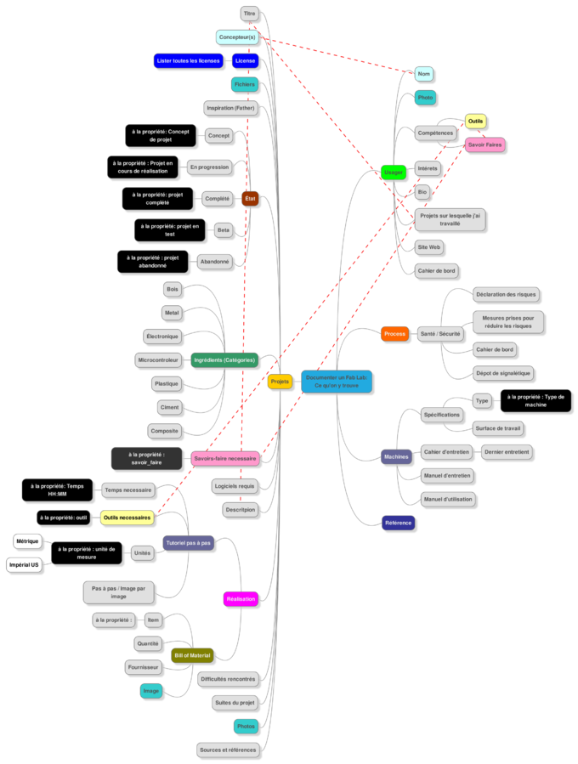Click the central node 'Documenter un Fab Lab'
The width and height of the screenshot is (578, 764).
pos(336,382)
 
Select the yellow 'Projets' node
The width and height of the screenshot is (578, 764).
pos(280,382)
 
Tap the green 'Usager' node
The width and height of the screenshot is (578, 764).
pos(393,172)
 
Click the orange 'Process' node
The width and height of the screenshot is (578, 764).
pos(394,334)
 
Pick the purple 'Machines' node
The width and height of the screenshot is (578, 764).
pos(396,456)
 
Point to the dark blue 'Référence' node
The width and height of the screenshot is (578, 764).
pos(398,523)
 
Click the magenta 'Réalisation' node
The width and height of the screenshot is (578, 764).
pos(241,599)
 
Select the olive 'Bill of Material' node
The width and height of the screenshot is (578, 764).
pos(191,655)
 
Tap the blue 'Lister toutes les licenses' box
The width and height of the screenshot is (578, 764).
pos(188,60)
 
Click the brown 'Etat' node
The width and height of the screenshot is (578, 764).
pos(250,198)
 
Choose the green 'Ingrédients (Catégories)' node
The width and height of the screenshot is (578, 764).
pos(224,360)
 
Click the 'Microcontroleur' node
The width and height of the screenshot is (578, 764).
pos(158,360)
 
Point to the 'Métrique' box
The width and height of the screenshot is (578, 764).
pos(26,541)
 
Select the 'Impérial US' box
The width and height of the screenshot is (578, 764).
pos(24,564)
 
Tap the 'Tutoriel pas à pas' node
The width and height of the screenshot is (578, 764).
pos(188,543)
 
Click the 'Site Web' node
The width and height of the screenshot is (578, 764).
pos(428,247)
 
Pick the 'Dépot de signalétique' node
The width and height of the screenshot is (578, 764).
pos(502,373)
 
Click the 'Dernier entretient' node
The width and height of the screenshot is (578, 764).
pos(507,452)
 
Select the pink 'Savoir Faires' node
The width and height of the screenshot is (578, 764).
pos(484,145)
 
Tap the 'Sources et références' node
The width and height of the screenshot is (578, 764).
pos(227,750)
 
